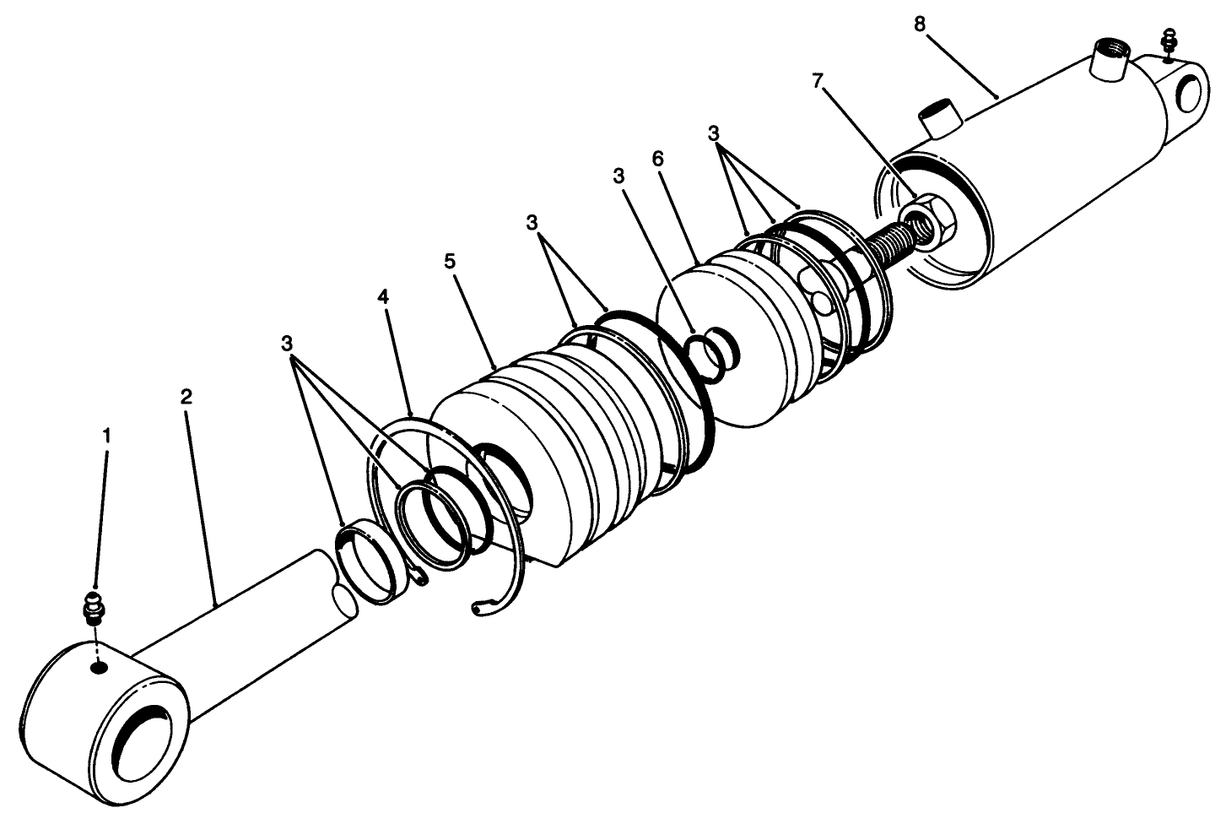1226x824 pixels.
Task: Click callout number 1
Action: (106, 435)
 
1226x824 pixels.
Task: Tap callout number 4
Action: (383, 297)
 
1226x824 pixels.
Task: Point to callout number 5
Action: (450, 259)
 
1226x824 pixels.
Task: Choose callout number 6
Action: (658, 159)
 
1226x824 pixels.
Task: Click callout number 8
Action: (919, 24)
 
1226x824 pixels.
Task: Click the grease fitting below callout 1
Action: (93, 607)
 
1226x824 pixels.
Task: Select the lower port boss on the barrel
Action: (942, 117)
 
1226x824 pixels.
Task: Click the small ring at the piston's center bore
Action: (710, 350)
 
